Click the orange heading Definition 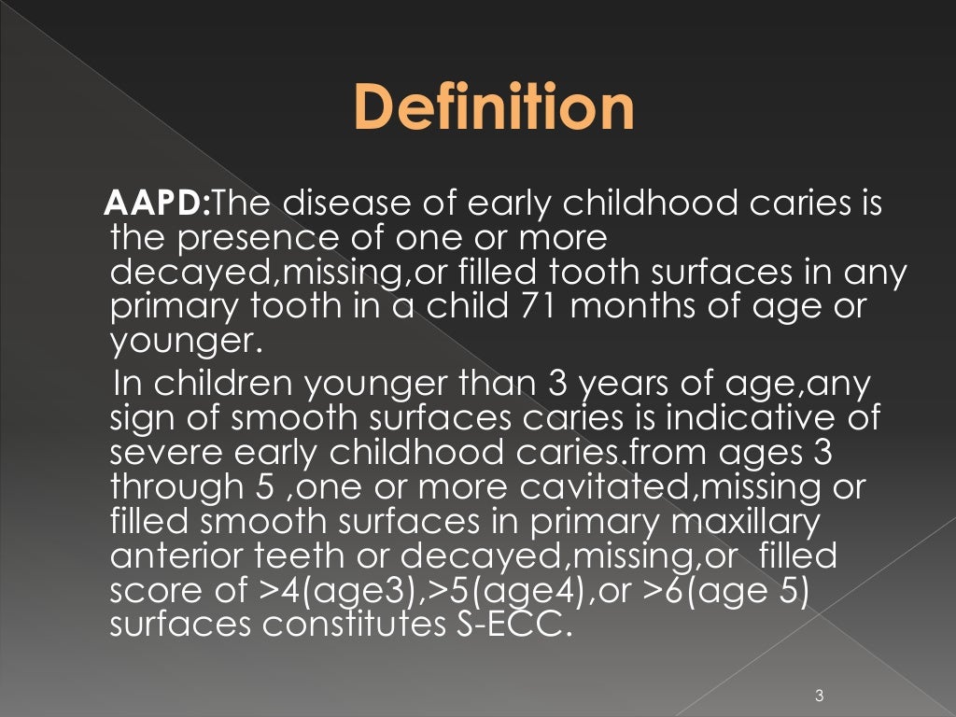[495, 108]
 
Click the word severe [160, 453]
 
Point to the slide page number [819, 695]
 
